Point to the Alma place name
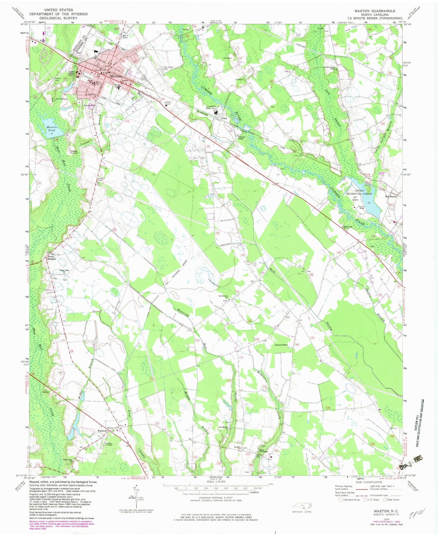point(224,118)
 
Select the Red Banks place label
point(391,196)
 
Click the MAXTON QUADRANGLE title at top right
point(375,11)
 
